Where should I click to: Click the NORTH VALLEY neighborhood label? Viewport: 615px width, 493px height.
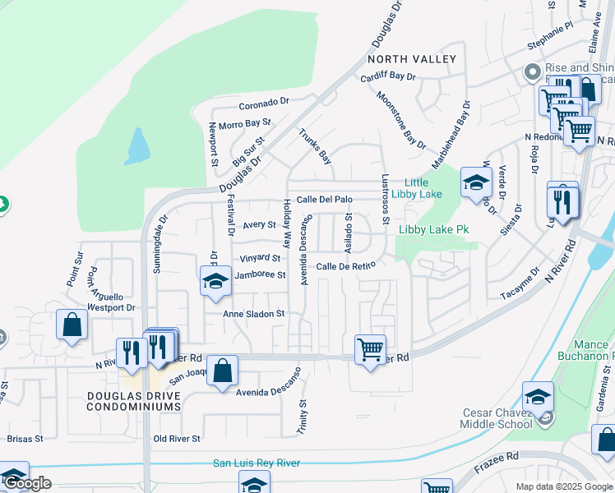pos(411,59)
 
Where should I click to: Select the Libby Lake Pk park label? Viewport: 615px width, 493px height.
pos(433,230)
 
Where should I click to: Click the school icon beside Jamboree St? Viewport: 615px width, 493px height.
pos(215,280)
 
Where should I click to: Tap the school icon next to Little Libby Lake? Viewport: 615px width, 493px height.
pos(475,183)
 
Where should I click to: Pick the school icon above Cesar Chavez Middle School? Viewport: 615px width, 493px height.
pos(537,398)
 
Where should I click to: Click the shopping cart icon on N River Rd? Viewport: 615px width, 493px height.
pos(370,348)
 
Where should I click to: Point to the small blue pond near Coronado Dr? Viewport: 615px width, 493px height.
pos(137,147)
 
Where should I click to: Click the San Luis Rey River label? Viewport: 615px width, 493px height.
pos(257,463)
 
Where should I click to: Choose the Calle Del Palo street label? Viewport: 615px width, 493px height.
pos(324,199)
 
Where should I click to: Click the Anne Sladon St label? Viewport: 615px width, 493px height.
pos(254,314)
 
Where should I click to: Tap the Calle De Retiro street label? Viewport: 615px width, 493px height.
pos(346,266)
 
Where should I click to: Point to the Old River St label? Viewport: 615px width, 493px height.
pos(177,439)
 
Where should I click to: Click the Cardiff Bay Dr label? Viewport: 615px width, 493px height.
pos(389,77)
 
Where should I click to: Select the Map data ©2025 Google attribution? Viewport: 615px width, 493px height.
pos(564,486)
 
